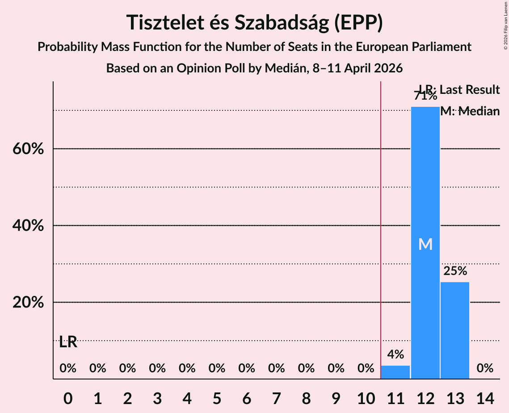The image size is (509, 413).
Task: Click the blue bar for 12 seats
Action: click(x=425, y=188)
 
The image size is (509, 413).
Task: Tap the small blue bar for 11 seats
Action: click(x=395, y=372)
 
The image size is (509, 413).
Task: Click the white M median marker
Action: click(x=425, y=244)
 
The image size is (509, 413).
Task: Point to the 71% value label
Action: click(x=425, y=96)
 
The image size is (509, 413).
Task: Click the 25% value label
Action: click(x=455, y=271)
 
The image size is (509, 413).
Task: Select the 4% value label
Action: click(x=395, y=354)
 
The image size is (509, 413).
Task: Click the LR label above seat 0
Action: click(x=68, y=342)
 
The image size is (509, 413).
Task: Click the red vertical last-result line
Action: click(x=381, y=223)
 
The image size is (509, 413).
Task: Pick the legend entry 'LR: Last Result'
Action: click(x=459, y=90)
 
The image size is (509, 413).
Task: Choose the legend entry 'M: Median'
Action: click(x=470, y=111)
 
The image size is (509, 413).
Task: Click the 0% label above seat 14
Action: click(x=485, y=368)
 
